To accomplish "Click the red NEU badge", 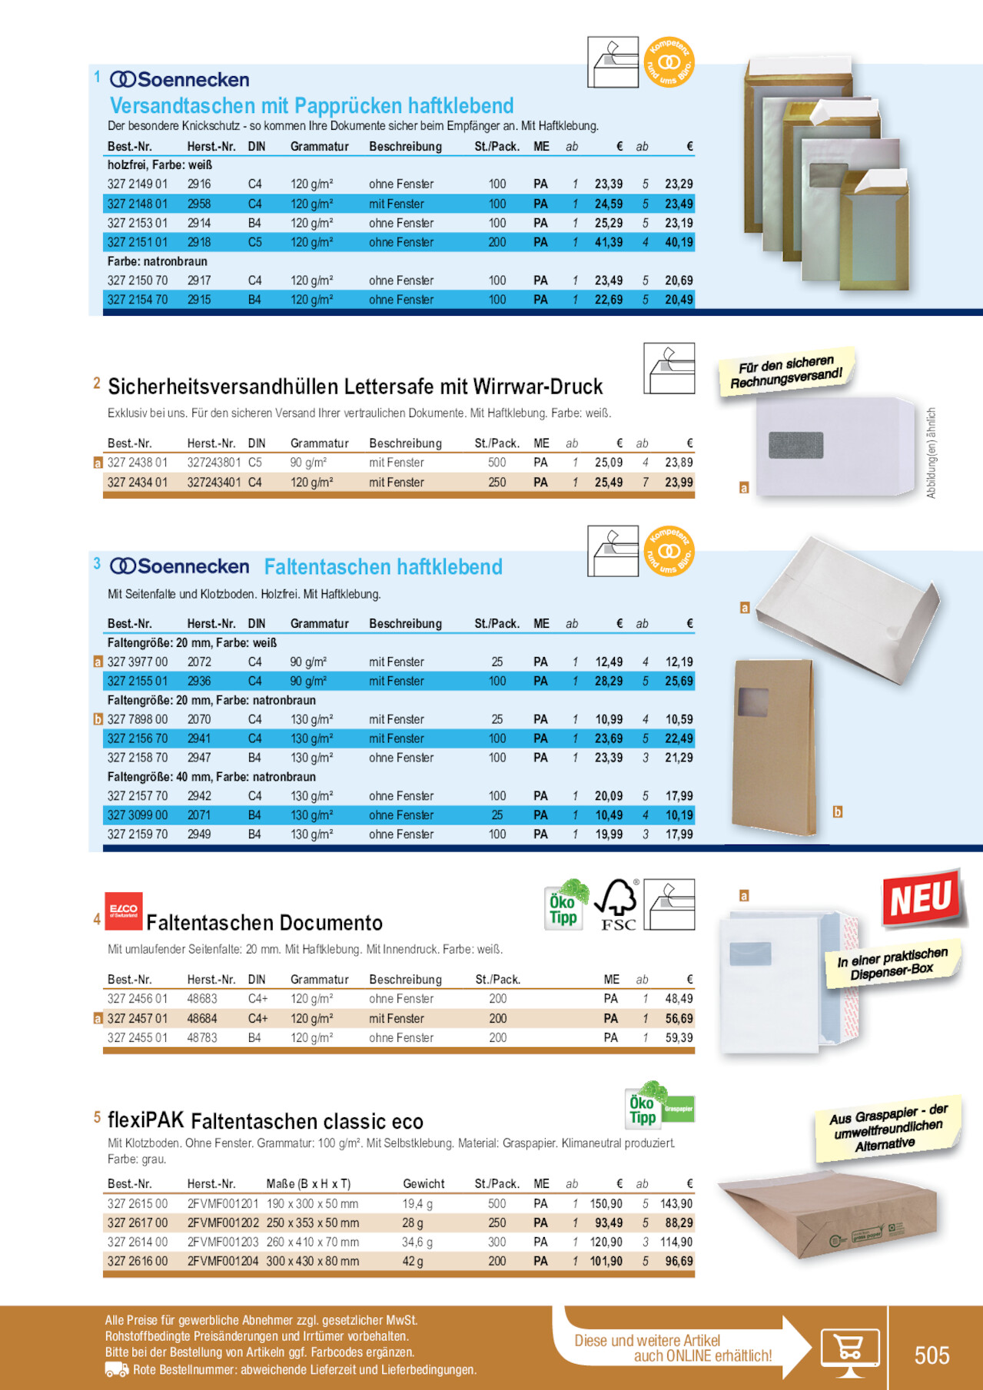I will pyautogui.click(x=921, y=898).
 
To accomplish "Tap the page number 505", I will pyautogui.click(x=932, y=1355).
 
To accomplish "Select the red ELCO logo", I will pyautogui.click(x=123, y=911).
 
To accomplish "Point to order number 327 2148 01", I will pyautogui.click(x=138, y=204).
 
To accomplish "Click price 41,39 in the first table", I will pyautogui.click(x=609, y=242).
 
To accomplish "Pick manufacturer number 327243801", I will pyautogui.click(x=214, y=463).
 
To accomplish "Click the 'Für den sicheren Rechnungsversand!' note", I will pyautogui.click(x=786, y=372).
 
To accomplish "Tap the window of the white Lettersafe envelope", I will pyautogui.click(x=795, y=445).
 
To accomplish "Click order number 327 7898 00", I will pyautogui.click(x=138, y=719).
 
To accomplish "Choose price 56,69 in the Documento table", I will pyautogui.click(x=679, y=1018).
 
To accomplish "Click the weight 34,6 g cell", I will pyautogui.click(x=417, y=1242).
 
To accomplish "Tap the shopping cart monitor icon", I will pyautogui.click(x=849, y=1351).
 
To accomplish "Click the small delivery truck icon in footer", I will pyautogui.click(x=116, y=1369).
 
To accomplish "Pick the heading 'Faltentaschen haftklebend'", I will pyautogui.click(x=383, y=567).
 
